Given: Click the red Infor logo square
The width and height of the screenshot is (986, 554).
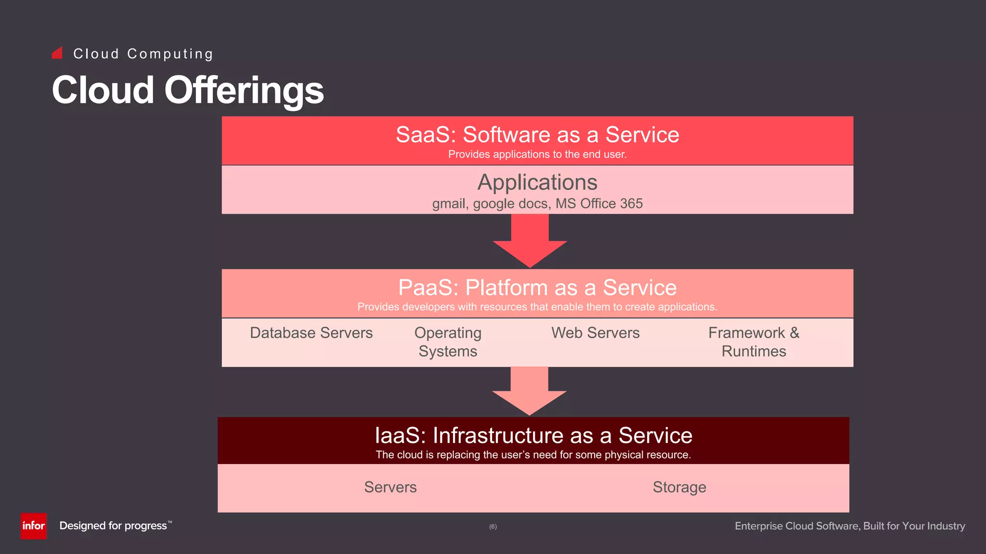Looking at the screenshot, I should [x=33, y=526].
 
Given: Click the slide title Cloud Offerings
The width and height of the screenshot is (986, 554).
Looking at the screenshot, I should [x=188, y=90].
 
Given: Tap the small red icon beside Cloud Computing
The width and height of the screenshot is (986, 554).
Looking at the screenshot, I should [x=57, y=53].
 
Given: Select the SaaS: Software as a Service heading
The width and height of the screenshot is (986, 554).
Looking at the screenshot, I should [x=537, y=135].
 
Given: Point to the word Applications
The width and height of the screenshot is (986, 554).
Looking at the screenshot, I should [x=537, y=183].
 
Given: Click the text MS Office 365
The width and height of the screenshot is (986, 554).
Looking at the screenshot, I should [x=599, y=203].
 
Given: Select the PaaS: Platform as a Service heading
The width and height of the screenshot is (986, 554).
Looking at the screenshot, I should [x=537, y=288].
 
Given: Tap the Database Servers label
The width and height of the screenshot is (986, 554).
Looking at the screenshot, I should [x=311, y=333].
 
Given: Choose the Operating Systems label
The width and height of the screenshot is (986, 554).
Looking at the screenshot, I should [x=448, y=342].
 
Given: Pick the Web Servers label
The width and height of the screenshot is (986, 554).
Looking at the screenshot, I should [x=595, y=333].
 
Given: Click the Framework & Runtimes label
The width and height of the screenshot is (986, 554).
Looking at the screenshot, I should [x=753, y=342].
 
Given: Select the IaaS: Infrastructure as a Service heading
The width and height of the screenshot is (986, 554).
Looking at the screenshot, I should [x=533, y=436].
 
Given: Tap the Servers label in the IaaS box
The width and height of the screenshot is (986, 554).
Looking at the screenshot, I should [x=390, y=487].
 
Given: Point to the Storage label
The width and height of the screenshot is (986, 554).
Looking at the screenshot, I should [x=679, y=487].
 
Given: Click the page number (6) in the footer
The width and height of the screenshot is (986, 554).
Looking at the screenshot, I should [x=493, y=527].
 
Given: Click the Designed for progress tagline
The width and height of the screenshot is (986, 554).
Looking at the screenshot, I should [x=114, y=526].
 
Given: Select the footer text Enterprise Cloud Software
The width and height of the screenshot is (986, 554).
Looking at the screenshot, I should [x=797, y=526].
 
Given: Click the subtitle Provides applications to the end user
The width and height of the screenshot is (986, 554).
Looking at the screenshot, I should [x=537, y=154].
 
